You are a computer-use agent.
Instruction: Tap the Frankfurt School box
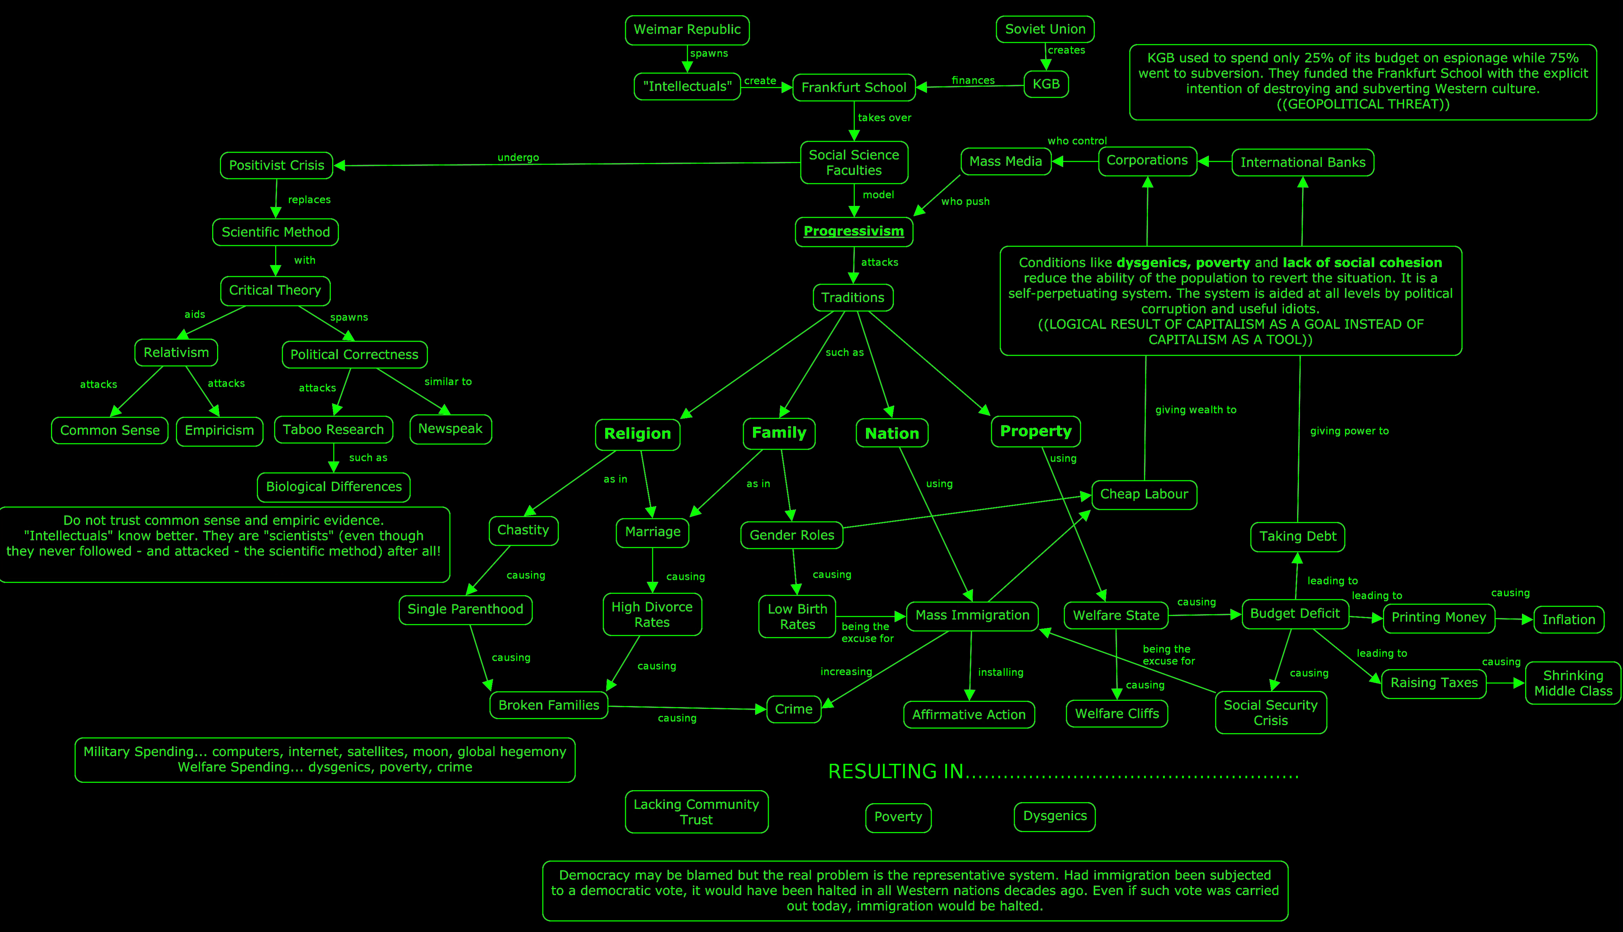[x=854, y=87]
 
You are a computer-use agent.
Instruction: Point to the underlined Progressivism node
[x=854, y=231]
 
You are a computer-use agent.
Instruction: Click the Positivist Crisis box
[x=277, y=165]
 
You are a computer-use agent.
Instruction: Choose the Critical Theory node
[x=275, y=291]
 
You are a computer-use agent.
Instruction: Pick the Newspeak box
[x=451, y=429]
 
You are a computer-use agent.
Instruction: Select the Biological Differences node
[x=334, y=487]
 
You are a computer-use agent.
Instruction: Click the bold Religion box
[x=638, y=434]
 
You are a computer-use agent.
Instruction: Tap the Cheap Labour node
[x=1144, y=495]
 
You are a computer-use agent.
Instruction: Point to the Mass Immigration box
[x=972, y=616]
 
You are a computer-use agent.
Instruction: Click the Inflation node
[x=1568, y=620]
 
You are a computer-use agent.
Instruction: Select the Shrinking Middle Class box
[x=1573, y=683]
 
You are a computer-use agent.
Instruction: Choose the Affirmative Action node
[x=969, y=714]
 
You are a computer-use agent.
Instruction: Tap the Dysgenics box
[x=1055, y=816]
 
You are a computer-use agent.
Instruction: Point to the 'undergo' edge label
[x=518, y=158]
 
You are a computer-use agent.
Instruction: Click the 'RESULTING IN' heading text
[x=895, y=771]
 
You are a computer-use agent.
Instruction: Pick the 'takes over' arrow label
[x=885, y=118]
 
